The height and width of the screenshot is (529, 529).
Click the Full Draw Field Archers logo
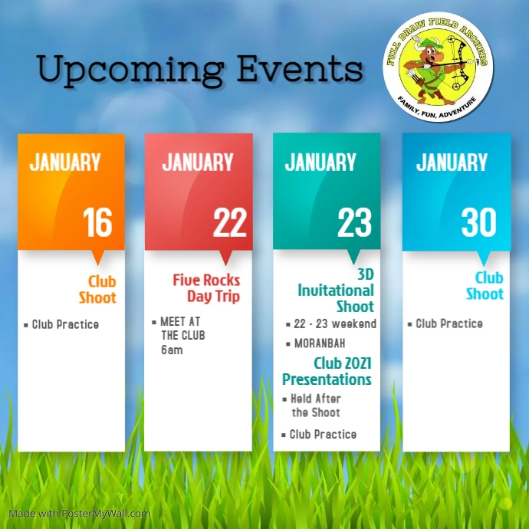[438, 67]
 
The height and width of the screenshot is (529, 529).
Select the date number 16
[97, 223]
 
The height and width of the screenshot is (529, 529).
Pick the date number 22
[229, 223]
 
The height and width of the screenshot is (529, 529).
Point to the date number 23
[354, 223]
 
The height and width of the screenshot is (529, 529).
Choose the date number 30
[479, 223]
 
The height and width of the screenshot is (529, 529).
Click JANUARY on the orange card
[65, 163]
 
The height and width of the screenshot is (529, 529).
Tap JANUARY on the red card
[197, 163]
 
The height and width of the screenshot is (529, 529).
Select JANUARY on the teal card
[320, 163]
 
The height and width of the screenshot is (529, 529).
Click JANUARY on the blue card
[452, 163]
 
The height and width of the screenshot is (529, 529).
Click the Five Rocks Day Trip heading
[206, 288]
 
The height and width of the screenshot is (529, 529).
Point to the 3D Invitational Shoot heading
[337, 290]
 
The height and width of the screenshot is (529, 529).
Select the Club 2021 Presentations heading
[327, 371]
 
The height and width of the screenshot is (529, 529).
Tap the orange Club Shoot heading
[98, 289]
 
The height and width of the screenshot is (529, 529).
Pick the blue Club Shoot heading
[485, 285]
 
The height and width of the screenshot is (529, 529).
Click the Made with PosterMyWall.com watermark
[80, 514]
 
